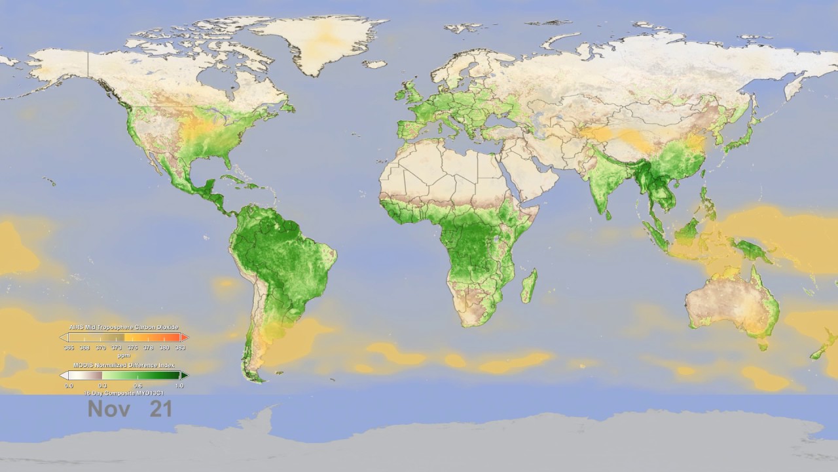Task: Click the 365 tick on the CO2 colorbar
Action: coord(69,347)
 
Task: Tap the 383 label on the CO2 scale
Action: coord(180,347)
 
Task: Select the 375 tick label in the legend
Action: coord(132,347)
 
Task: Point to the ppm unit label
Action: coord(124,355)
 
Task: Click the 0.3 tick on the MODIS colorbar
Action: coord(103,385)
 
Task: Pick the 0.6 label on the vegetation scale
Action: coord(138,385)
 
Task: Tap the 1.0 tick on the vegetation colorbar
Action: coord(179,385)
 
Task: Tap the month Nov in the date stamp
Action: coord(109,409)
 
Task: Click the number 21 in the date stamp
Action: coord(160,409)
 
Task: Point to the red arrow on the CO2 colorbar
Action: coord(185,337)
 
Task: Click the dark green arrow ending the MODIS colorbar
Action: coord(185,376)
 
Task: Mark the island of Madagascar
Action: coord(529,286)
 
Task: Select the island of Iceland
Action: coord(374,64)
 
